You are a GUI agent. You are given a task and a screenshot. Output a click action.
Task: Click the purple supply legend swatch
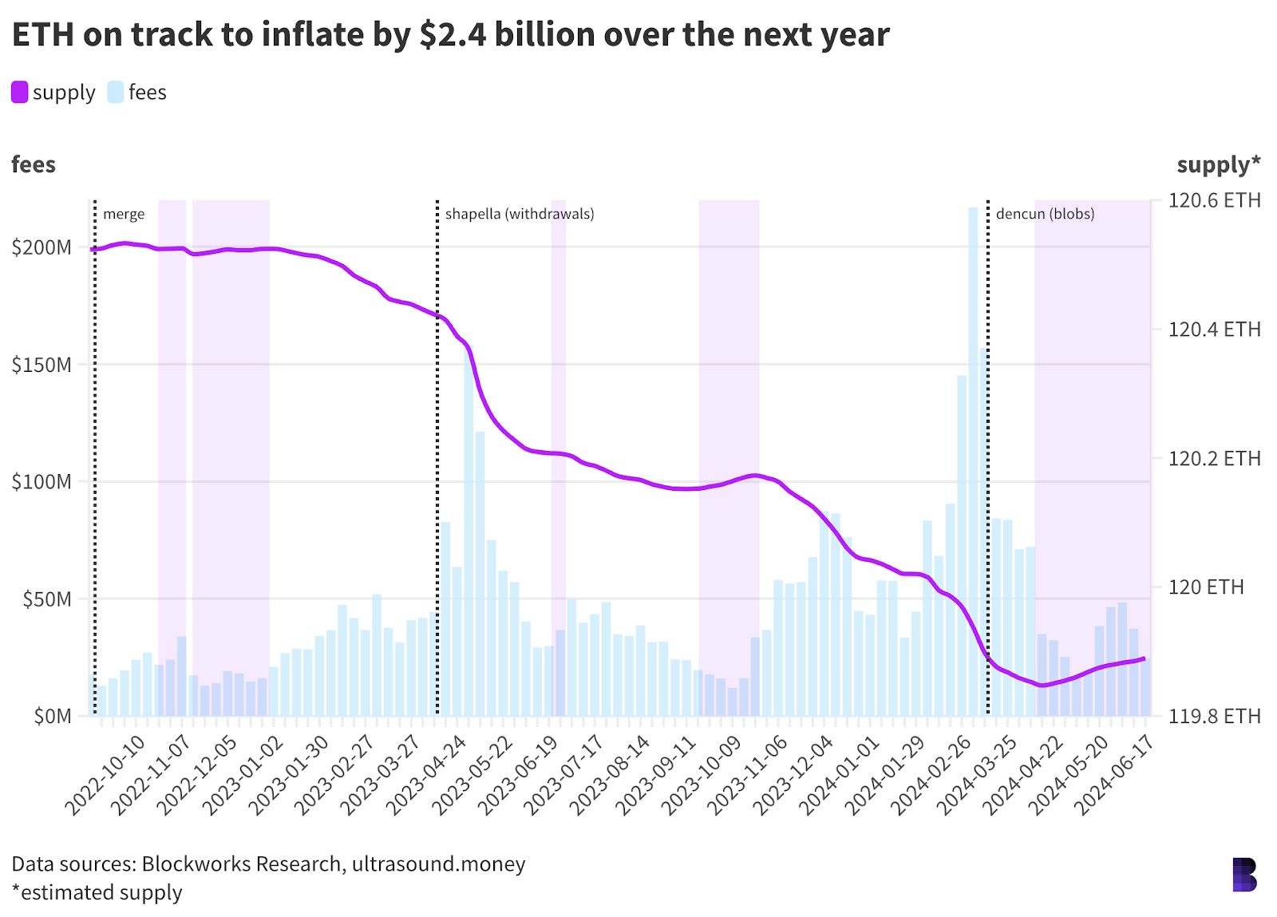pyautogui.click(x=20, y=93)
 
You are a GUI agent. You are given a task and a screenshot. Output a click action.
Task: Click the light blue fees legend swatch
pyautogui.click(x=116, y=93)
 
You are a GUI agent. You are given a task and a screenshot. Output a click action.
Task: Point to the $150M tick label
pyautogui.click(x=42, y=365)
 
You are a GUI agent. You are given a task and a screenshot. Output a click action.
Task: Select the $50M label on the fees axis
pyautogui.click(x=46, y=599)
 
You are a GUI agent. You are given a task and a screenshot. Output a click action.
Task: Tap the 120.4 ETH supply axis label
pyautogui.click(x=1214, y=330)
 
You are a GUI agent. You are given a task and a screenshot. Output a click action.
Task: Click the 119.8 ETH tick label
pyautogui.click(x=1214, y=716)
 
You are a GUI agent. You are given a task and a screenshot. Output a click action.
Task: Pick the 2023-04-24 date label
pyautogui.click(x=427, y=775)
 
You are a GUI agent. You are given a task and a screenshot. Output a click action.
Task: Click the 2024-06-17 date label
pyautogui.click(x=1115, y=775)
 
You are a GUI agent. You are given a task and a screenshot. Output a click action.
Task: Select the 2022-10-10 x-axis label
pyautogui.click(x=105, y=775)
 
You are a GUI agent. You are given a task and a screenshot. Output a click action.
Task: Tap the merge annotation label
pyautogui.click(x=124, y=214)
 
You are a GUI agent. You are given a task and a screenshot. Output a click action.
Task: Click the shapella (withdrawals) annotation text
pyautogui.click(x=520, y=214)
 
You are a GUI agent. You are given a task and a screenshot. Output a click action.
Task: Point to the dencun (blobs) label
pyautogui.click(x=1045, y=214)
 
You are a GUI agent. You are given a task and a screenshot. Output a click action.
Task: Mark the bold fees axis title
pyautogui.click(x=34, y=164)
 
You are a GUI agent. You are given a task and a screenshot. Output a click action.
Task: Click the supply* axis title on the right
pyautogui.click(x=1218, y=164)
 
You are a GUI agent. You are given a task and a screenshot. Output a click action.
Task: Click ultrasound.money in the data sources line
pyautogui.click(x=438, y=864)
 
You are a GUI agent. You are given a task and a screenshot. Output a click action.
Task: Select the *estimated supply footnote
pyautogui.click(x=97, y=892)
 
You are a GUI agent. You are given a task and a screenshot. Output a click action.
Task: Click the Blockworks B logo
pyautogui.click(x=1244, y=875)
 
